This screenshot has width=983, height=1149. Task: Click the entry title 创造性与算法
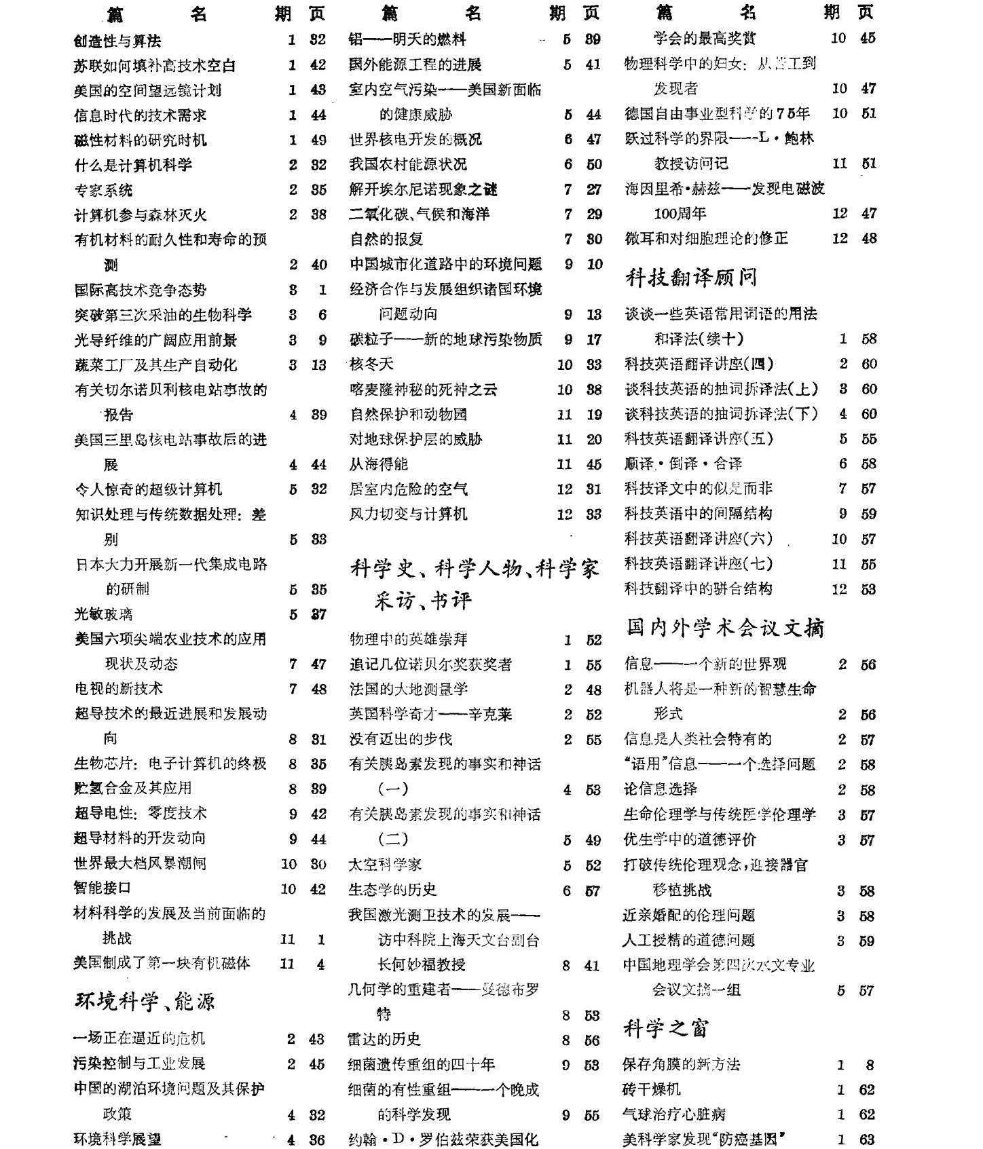[x=117, y=41]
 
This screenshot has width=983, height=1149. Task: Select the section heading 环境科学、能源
[x=145, y=1001]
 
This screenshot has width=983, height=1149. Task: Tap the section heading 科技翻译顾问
[x=690, y=277]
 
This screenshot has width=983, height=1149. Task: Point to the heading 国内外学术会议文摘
[x=725, y=628]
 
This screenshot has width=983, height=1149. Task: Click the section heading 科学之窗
[x=666, y=1028]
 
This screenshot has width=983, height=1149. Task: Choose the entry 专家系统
[x=103, y=190]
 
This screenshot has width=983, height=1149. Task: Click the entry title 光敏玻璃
[x=103, y=614]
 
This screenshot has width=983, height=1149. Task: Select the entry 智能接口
[x=103, y=888]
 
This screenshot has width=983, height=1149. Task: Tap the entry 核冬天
[x=371, y=364]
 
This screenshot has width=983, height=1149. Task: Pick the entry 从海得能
[x=379, y=464]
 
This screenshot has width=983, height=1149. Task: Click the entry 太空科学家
[x=385, y=864]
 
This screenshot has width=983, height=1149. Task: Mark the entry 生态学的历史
[x=392, y=889]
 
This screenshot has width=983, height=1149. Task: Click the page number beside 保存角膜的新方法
[x=870, y=1065]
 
